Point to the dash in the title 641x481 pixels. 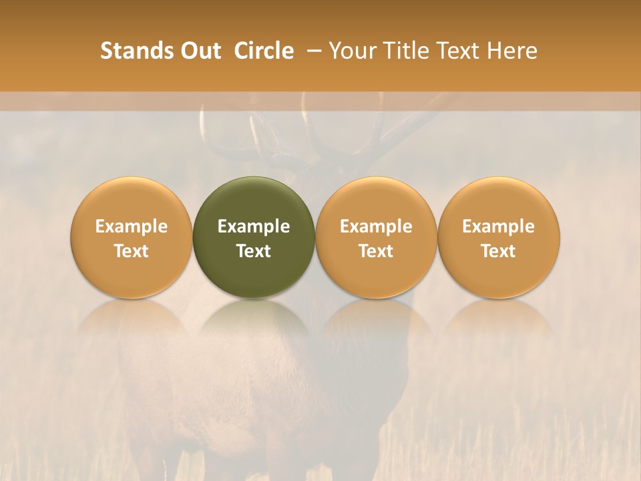[x=310, y=51]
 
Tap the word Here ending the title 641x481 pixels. [x=513, y=51]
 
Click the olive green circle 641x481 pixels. [x=254, y=237]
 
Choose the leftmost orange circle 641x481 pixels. [x=132, y=237]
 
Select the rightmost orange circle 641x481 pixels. [x=499, y=237]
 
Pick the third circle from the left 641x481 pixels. [x=376, y=237]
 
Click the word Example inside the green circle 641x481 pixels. [x=254, y=226]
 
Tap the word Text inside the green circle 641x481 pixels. [x=254, y=251]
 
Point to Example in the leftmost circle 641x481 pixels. [x=132, y=226]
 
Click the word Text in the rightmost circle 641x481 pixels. [x=499, y=251]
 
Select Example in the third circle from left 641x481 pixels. [x=376, y=226]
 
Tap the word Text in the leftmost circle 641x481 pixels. [x=132, y=251]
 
